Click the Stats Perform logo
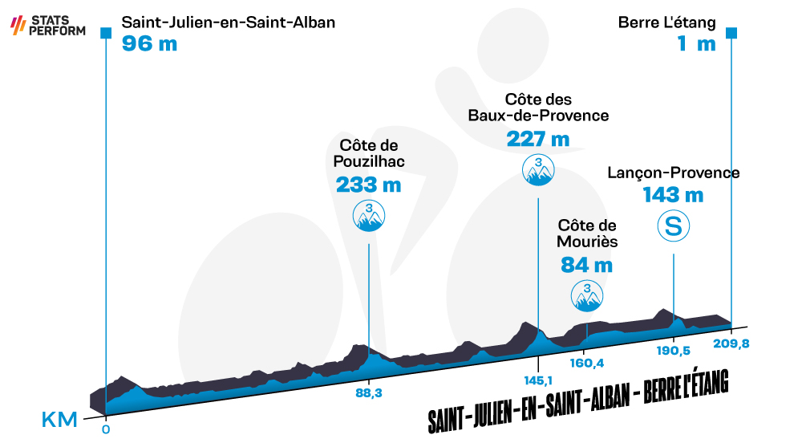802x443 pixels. [x=48, y=25]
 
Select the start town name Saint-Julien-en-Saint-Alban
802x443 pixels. [x=228, y=22]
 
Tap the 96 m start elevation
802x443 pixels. [x=149, y=43]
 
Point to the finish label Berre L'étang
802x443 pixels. [x=666, y=22]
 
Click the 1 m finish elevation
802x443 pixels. [x=697, y=43]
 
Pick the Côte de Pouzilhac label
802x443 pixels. [x=369, y=153]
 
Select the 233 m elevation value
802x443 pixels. [x=368, y=185]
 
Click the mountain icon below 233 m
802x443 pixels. [x=369, y=216]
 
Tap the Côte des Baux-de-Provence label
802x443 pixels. [x=538, y=108]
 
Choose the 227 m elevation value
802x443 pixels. [x=538, y=139]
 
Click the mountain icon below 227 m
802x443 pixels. [x=538, y=170]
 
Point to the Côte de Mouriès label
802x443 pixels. [x=587, y=234]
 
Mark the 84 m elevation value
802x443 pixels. [x=587, y=266]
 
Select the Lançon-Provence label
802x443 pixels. [x=673, y=173]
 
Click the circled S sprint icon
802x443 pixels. [x=673, y=226]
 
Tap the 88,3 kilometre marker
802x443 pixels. [x=369, y=394]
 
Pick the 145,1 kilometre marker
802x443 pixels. [x=538, y=381]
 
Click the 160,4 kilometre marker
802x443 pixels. [x=587, y=364]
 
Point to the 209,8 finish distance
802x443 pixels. [x=731, y=343]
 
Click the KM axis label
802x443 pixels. [x=59, y=420]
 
